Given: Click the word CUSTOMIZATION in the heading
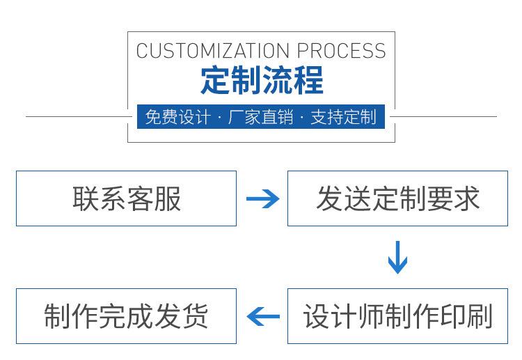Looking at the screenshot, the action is (x=213, y=51).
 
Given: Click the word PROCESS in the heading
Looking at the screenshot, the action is (x=341, y=51).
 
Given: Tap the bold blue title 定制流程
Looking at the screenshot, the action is (x=262, y=80).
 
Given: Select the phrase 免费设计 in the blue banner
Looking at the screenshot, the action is (x=177, y=117).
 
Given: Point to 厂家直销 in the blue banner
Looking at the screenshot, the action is (x=260, y=117).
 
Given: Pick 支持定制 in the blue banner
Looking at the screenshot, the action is (x=344, y=117).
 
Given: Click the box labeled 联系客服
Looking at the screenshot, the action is (x=126, y=198).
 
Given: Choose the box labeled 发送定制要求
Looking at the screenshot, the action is (x=397, y=198).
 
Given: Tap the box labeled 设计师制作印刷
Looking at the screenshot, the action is (x=397, y=316).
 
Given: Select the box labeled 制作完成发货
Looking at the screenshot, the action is (x=126, y=316).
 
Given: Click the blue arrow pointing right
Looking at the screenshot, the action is (x=262, y=199).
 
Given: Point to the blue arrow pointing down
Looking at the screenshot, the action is (x=397, y=257).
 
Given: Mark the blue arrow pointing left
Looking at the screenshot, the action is (x=263, y=316).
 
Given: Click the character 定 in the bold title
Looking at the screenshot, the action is (x=215, y=80).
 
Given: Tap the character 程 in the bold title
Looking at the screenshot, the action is (x=308, y=80).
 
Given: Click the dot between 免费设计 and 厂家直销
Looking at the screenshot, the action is (x=219, y=118).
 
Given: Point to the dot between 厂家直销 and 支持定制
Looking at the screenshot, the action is (x=302, y=118).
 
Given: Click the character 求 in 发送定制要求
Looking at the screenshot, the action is (x=466, y=198).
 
